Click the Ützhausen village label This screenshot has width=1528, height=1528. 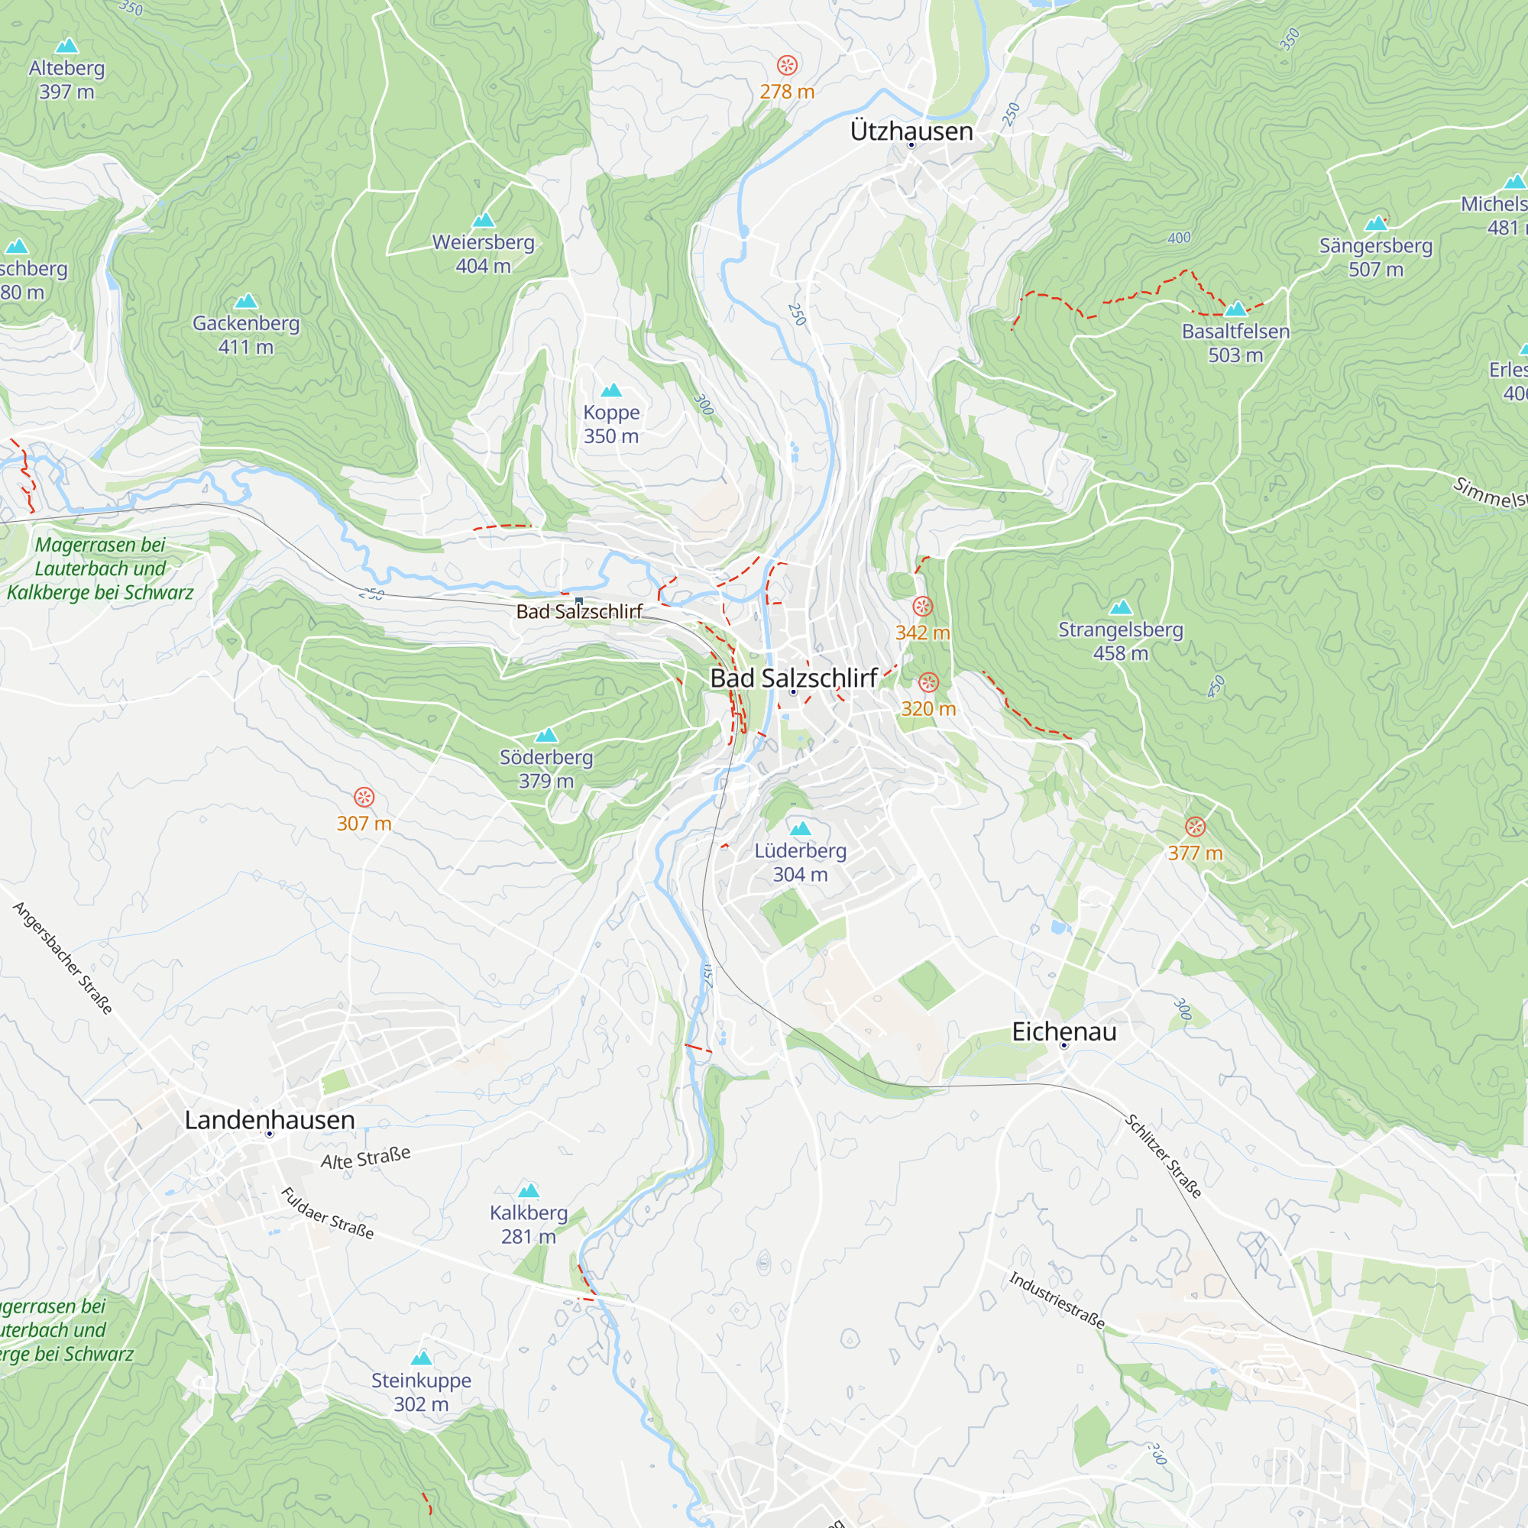911,131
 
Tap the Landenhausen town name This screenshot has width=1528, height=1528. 270,1120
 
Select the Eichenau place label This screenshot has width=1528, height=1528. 1063,1031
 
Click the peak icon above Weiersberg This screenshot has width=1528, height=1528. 484,220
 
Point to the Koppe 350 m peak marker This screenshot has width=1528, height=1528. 611,390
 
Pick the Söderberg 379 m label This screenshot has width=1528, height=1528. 545,769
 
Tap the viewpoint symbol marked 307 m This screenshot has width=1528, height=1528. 364,797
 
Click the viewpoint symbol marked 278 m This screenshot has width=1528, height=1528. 787,65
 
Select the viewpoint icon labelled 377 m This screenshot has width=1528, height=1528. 1195,827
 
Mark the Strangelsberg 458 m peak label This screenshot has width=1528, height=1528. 1121,642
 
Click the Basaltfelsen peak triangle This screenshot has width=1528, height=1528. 1235,309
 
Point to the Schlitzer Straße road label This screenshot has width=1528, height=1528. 1164,1156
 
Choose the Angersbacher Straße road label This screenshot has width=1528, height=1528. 63,958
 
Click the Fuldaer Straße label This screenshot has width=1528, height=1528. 328,1213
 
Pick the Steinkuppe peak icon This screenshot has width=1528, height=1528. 422,1358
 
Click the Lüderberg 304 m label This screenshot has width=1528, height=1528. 801,863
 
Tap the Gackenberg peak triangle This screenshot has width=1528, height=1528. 246,300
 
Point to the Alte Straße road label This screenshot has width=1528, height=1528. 365,1158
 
